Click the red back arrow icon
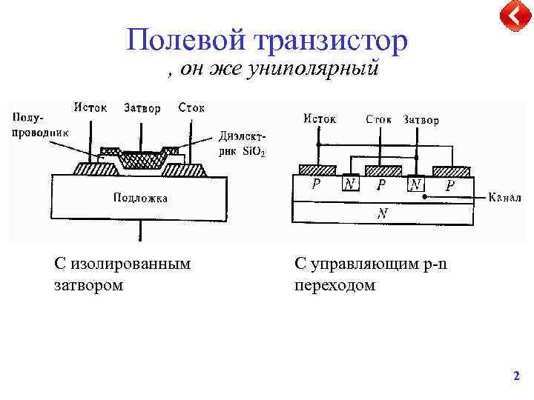(512, 16)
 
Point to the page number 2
(516, 376)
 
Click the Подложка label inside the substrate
(140, 197)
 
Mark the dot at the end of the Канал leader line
(423, 198)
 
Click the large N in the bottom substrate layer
(382, 213)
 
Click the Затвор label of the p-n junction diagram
(421, 119)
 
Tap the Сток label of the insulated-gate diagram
(191, 107)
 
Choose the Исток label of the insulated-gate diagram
(90, 107)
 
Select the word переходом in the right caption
(334, 285)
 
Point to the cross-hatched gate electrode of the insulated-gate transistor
(140, 158)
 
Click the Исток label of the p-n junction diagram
(320, 119)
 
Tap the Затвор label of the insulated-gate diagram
(142, 108)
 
